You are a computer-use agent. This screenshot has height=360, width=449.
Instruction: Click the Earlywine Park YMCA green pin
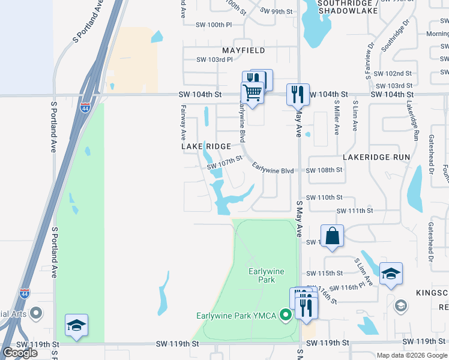tap(286, 314)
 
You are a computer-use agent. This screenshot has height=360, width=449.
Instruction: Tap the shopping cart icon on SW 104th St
tap(253, 93)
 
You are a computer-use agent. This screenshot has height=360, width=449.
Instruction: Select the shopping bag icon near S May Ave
tap(332, 235)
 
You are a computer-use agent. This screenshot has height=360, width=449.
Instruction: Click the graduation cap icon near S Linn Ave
tap(391, 274)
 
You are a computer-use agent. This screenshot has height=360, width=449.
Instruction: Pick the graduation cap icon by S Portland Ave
tap(77, 325)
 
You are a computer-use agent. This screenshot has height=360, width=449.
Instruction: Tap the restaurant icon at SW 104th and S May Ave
tap(298, 94)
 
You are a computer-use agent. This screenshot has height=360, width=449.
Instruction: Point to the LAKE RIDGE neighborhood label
tap(206, 146)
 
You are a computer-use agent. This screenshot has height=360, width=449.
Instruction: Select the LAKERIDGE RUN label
tap(376, 157)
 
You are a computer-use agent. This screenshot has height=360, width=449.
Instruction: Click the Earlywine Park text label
tap(262, 275)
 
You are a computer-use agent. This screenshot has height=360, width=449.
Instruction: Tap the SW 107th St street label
tap(224, 162)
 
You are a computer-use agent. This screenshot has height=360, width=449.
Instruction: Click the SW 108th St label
tap(324, 170)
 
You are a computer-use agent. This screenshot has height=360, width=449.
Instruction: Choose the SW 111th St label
tap(355, 211)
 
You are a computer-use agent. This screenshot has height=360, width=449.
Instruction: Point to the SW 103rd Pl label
tap(214, 59)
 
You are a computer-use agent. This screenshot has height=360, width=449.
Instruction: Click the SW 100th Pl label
tap(214, 25)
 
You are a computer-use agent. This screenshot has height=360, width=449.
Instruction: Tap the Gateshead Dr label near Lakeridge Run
tap(430, 154)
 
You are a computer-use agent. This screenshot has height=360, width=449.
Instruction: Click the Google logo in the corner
tap(20, 353)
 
